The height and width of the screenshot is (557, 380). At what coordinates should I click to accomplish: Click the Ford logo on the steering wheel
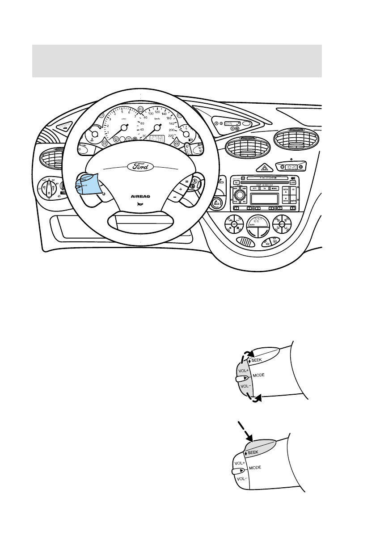pos(140,166)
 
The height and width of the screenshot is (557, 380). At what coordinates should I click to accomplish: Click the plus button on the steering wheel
pos(181,189)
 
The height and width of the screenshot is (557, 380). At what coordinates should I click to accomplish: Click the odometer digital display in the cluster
pos(156,139)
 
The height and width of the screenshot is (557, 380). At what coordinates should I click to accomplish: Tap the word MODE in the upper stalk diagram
pos(259,375)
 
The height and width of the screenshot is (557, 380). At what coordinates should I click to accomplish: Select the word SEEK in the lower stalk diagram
pos(253,452)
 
